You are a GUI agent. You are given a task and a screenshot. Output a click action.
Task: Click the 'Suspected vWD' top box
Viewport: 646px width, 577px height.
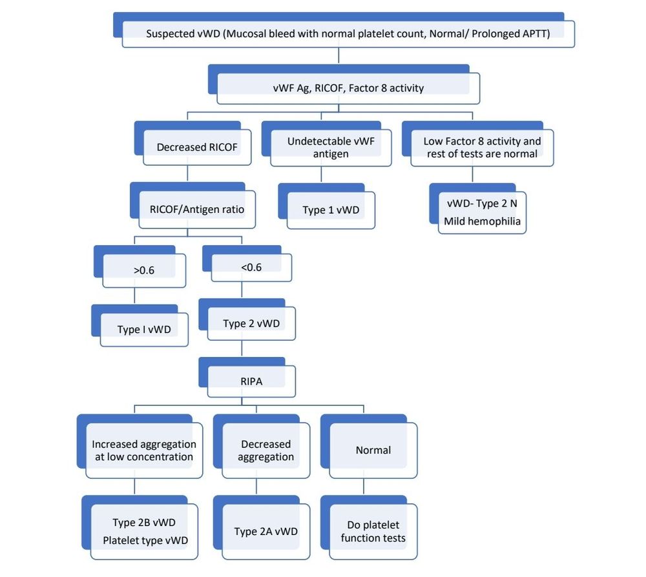348,34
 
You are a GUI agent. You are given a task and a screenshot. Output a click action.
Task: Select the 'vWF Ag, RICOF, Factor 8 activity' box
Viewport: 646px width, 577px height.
348,88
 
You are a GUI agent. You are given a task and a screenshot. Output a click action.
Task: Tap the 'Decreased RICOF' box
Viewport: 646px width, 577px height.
197,147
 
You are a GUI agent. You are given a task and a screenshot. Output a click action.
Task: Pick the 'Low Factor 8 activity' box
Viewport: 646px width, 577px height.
482,147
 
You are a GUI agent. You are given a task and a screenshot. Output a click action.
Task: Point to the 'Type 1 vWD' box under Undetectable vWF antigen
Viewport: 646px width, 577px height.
331,210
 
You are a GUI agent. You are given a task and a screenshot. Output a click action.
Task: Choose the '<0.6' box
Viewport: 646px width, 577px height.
251,267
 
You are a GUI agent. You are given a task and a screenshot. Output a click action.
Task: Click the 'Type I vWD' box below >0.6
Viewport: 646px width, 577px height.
144,329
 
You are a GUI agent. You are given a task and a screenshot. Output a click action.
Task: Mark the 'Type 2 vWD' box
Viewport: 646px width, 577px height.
251,323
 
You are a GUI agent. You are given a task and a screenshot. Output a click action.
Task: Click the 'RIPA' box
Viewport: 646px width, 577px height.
251,381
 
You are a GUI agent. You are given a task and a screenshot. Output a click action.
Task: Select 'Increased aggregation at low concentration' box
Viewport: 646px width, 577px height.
143,450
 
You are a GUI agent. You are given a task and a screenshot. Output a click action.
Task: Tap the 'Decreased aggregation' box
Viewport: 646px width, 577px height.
266,450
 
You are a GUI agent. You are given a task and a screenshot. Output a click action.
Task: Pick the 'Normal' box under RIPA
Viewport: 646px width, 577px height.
373,450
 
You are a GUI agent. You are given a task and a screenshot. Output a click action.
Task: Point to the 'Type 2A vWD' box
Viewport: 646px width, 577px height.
266,532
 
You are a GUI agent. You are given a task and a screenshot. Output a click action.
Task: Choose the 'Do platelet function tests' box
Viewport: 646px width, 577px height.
373,531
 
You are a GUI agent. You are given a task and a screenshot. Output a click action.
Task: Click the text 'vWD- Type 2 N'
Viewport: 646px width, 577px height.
481,203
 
